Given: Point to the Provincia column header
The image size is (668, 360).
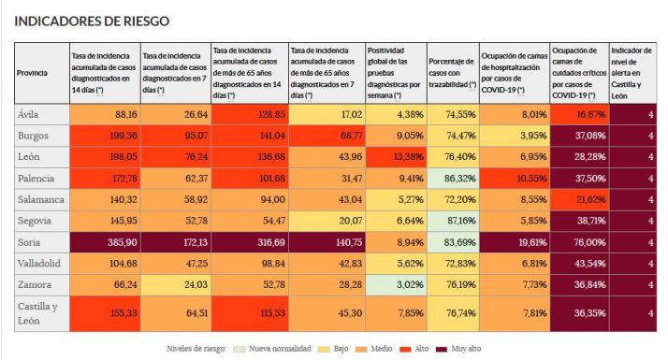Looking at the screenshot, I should (x=33, y=73).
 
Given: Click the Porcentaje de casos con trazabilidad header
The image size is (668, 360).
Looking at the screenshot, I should (x=452, y=73).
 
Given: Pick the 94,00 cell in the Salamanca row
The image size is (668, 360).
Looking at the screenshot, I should (x=249, y=198).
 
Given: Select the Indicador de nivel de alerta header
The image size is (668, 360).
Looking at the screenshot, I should (x=632, y=73).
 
